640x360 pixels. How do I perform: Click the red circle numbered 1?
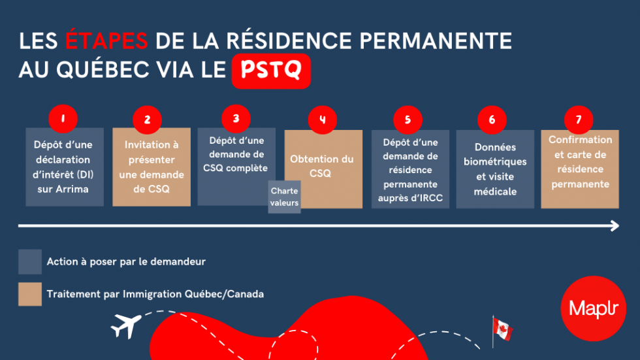[x=63, y=119]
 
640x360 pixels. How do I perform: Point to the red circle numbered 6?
[x=492, y=120]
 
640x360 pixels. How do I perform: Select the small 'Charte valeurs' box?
[x=284, y=197]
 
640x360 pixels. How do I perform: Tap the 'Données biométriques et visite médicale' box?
[x=494, y=170]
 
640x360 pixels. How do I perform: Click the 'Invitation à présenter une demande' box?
[x=152, y=167]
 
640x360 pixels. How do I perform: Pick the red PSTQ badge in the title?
[x=271, y=71]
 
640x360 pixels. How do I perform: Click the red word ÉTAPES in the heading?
[x=107, y=41]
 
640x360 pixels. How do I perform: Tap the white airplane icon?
[x=125, y=324]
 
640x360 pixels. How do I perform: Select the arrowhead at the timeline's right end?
[x=614, y=226]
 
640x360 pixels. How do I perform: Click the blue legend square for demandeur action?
[x=30, y=261]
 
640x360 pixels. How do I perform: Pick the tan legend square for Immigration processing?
[x=30, y=294]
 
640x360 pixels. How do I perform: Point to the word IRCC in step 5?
[x=432, y=197]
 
